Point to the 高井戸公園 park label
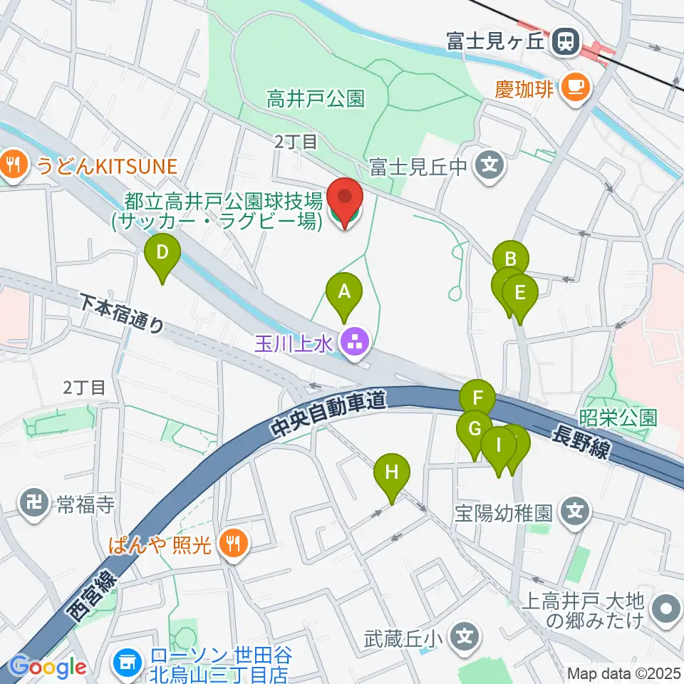tap(316, 98)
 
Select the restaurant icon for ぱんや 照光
tap(232, 545)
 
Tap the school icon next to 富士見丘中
tap(489, 167)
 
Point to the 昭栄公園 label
tap(618, 418)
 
